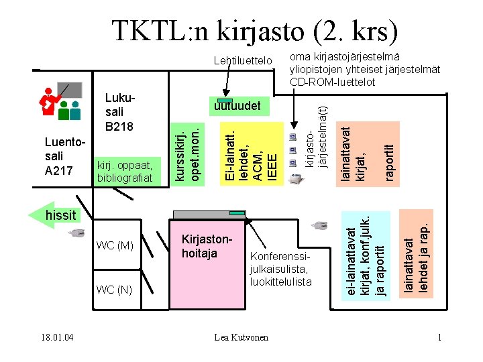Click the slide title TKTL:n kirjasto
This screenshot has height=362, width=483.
tap(254, 31)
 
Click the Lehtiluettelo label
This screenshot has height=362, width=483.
tap(243, 62)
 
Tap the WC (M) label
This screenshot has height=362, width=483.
tap(115, 246)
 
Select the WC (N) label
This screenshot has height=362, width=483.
tap(115, 290)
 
